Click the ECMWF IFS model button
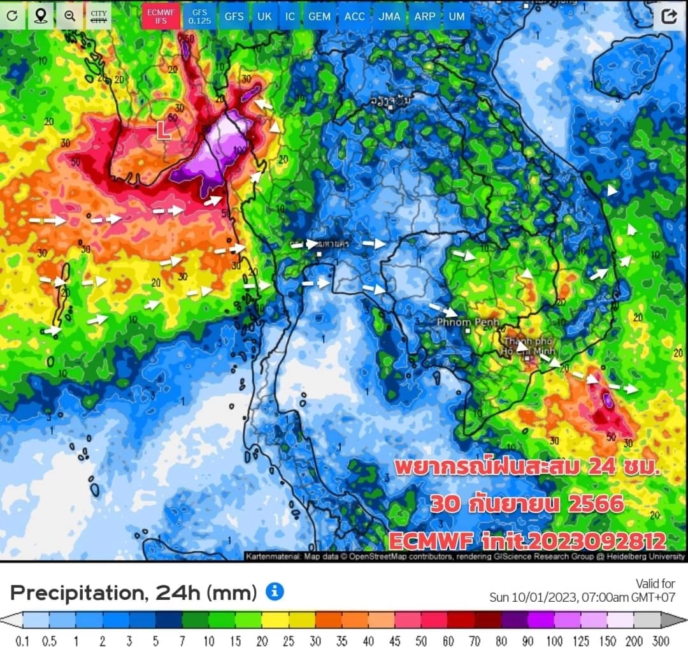pos(161,16)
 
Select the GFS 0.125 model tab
pos(199,16)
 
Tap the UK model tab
pos(264,16)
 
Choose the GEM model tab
pos(319,16)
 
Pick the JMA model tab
pos(389,16)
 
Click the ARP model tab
pos(424,16)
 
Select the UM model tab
pos(457,16)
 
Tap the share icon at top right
pos(668,17)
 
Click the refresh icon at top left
pos(12,16)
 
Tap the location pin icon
pos(40,16)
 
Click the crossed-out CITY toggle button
pos(99,16)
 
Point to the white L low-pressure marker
pos(164,131)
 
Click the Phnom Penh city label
pos(468,323)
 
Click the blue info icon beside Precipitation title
pos(275,592)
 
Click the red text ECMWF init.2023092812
pos(527,541)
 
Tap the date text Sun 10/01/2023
pos(534,597)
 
